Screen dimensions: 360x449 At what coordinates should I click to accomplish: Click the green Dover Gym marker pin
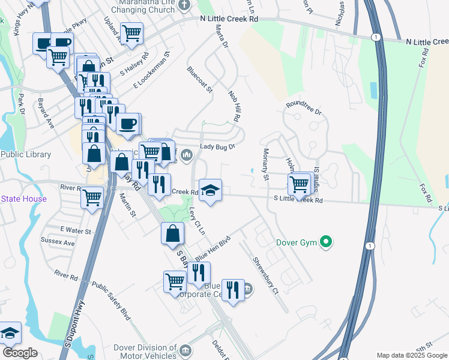click(x=326, y=242)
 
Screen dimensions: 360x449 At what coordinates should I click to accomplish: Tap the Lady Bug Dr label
click(x=217, y=146)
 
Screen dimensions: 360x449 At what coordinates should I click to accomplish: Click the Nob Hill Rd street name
click(x=234, y=107)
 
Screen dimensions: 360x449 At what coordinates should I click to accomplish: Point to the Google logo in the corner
click(x=20, y=353)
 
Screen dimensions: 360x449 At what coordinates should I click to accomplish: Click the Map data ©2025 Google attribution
click(x=412, y=355)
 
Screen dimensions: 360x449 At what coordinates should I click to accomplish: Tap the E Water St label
click(x=75, y=230)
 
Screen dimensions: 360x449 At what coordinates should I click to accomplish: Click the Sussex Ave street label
click(x=58, y=243)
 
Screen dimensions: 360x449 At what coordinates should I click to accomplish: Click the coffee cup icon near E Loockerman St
click(x=127, y=124)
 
